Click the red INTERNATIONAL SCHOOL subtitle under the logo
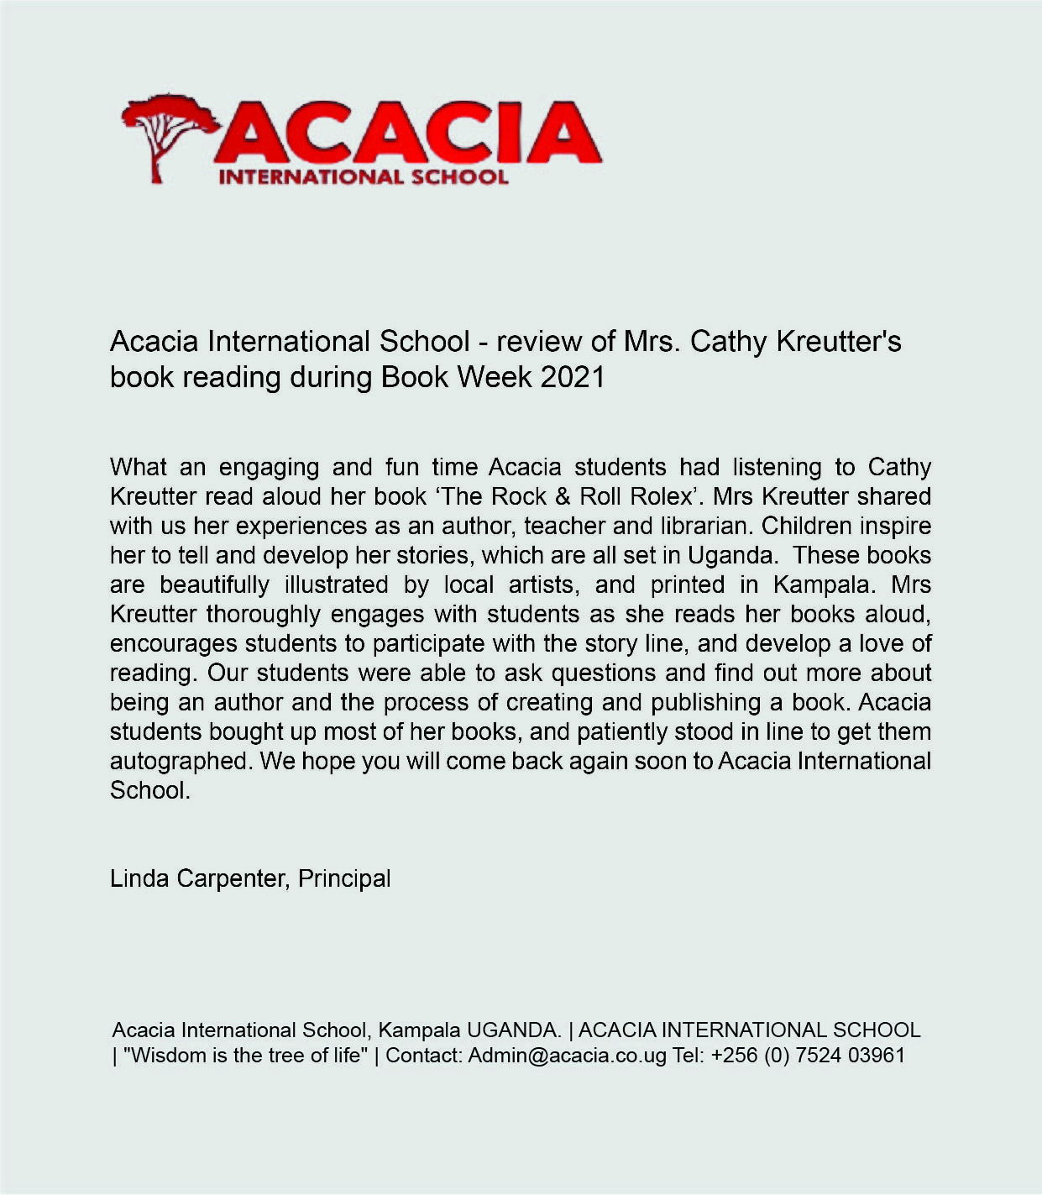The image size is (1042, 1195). [363, 177]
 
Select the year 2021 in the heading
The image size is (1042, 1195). [573, 377]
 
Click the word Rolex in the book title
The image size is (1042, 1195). [659, 496]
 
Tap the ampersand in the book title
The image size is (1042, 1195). [563, 496]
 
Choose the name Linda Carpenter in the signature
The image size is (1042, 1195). [199, 878]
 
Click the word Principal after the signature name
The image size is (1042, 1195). [344, 878]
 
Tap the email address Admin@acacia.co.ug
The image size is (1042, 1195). [567, 1056]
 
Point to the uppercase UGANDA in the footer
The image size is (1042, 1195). [514, 1030]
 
